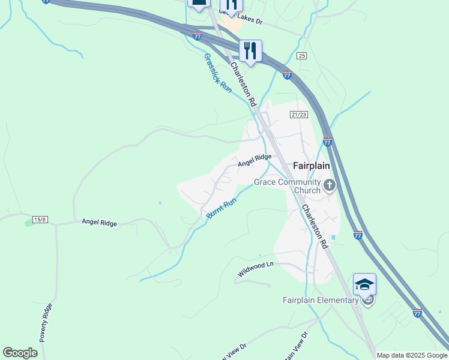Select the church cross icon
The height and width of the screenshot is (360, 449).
point(329,186)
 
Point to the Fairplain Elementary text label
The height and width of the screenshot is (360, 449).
point(321,300)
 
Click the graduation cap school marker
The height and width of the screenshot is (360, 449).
point(364,284)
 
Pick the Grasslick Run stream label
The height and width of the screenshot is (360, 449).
point(217,72)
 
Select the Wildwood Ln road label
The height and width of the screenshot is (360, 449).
point(255,269)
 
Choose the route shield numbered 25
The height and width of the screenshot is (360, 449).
point(301,56)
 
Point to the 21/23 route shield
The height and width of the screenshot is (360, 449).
point(298,115)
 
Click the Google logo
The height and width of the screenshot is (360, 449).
point(20,353)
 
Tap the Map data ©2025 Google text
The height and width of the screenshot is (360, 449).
point(412,355)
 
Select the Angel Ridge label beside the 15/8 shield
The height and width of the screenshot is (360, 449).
point(99,223)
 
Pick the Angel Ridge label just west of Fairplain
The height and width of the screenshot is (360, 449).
point(255,160)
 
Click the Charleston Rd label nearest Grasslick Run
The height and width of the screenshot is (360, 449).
point(243,85)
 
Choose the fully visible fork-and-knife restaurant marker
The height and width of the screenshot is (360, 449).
point(250,50)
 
